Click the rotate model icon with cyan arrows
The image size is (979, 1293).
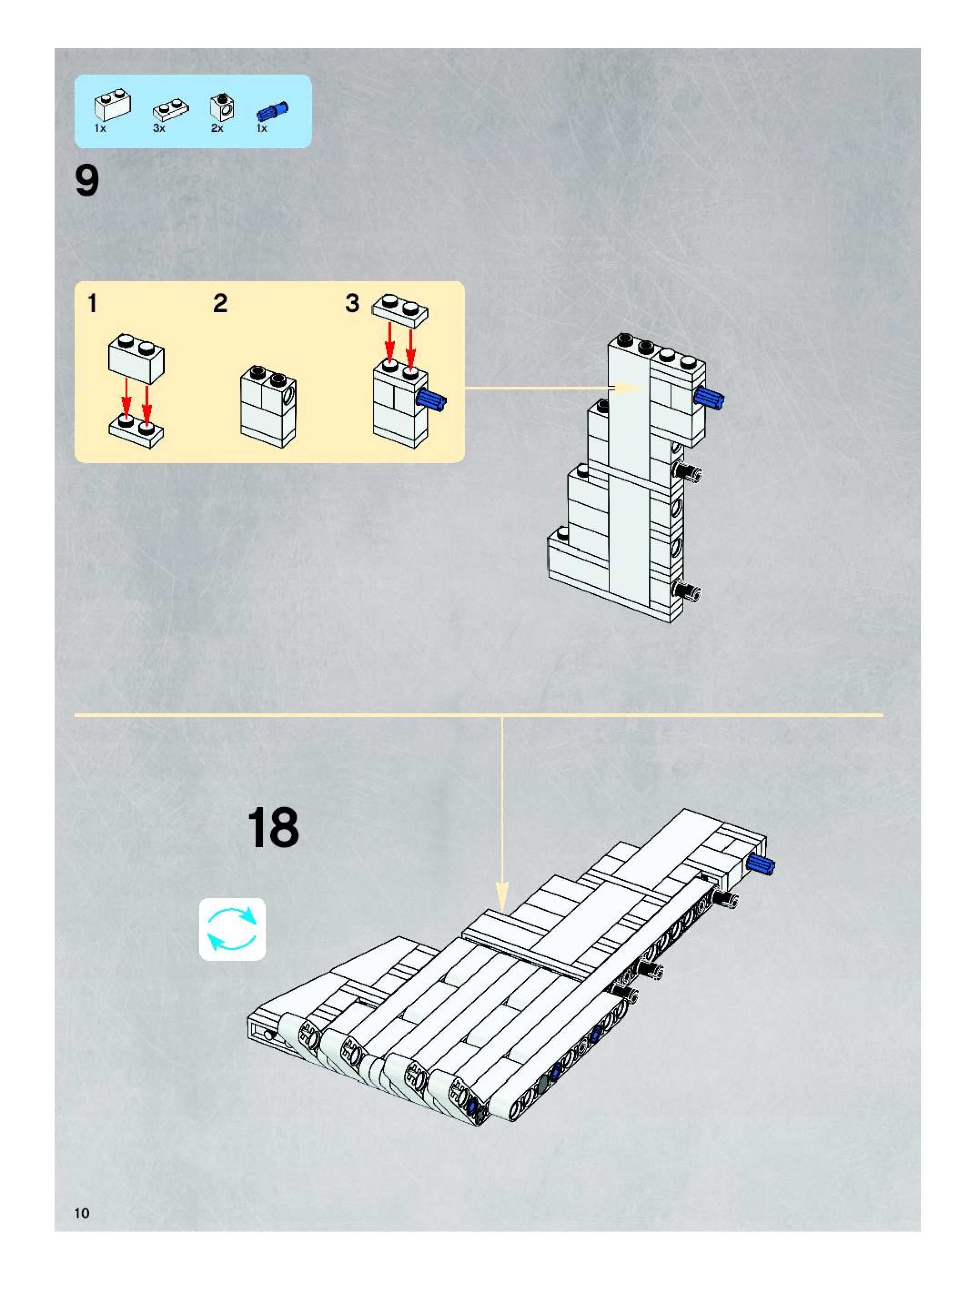(232, 929)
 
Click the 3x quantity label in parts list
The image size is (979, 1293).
(159, 128)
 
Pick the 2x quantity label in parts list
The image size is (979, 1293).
(217, 128)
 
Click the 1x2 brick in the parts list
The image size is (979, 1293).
(112, 105)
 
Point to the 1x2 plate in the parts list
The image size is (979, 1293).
(171, 110)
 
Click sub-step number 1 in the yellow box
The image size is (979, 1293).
(92, 304)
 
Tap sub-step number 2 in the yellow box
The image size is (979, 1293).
(220, 304)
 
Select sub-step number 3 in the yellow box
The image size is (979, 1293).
(352, 303)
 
